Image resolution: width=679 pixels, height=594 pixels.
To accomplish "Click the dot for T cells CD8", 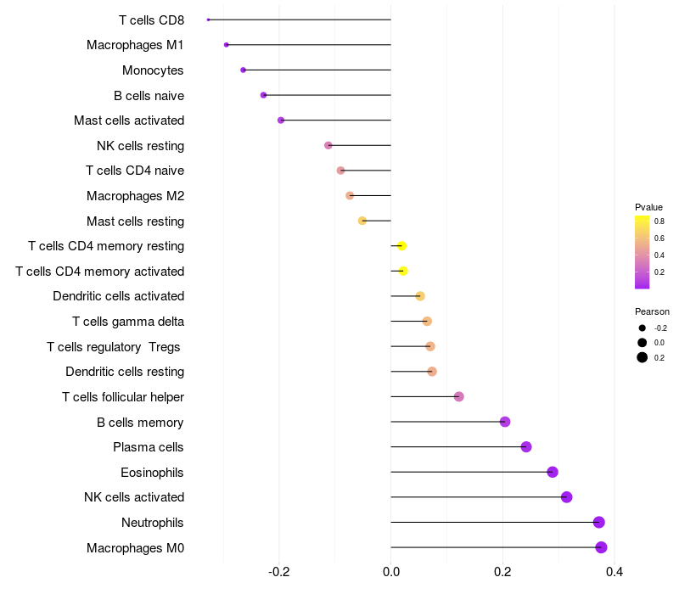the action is point(208,20).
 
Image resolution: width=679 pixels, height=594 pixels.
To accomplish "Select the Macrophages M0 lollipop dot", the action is point(601,547).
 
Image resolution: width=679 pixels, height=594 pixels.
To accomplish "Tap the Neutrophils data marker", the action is point(599,522).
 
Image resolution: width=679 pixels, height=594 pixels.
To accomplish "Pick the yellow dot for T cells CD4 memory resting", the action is point(401,246).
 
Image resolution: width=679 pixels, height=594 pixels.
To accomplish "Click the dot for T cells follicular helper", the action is point(459,396).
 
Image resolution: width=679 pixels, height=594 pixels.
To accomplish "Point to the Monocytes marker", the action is point(243,70).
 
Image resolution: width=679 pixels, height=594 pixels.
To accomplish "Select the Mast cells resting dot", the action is point(362,221).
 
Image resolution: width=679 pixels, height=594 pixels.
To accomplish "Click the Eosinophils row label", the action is point(152,473).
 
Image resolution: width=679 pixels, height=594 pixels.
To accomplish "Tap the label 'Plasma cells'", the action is point(148,447).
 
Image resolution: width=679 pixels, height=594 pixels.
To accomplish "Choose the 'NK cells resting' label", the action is point(140,146).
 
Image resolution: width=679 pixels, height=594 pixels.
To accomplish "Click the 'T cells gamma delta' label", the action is point(128,322).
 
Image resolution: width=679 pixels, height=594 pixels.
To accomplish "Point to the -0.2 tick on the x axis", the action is point(279,572).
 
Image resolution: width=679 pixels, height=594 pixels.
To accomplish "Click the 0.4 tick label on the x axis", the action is point(614,572).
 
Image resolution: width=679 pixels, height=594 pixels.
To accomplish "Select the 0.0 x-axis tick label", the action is point(391,572).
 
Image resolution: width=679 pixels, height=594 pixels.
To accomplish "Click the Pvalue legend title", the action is point(648,207).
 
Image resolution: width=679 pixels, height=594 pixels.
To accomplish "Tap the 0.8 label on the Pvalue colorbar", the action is point(659,221).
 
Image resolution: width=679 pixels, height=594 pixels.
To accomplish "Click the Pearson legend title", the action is point(652,311).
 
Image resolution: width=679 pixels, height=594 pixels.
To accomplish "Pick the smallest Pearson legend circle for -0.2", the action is point(643,328).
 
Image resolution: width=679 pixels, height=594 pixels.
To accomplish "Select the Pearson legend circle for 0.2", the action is point(643,357).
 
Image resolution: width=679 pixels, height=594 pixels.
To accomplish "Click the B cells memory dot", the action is point(505,422).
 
